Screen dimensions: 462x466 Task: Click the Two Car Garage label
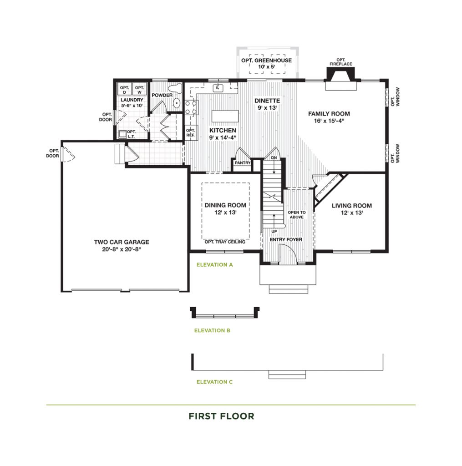pos(122,242)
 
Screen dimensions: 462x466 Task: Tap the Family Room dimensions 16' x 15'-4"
pos(329,121)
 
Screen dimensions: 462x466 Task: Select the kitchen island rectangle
pos(225,116)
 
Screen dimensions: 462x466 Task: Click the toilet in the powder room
pos(175,88)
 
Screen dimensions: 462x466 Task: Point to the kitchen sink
pos(218,88)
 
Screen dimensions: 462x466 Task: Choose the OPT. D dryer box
pos(125,89)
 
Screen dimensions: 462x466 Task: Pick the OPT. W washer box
pos(139,89)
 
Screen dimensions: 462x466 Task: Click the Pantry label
pos(243,163)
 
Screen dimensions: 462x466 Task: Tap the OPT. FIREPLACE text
pos(341,62)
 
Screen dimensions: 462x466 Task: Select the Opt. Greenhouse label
pos(266,61)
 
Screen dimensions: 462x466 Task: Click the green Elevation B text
pos(212,330)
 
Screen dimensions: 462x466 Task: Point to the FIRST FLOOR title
pos(222,416)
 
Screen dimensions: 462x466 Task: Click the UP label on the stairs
pos(274,231)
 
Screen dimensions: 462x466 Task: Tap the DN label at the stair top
pos(274,158)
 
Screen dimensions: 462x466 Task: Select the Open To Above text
pos(297,215)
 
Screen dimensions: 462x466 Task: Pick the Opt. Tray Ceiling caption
pos(225,242)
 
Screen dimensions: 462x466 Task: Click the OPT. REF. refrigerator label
pos(190,132)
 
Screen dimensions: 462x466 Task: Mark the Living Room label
pos(352,206)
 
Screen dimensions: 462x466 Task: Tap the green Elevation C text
pos(215,382)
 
